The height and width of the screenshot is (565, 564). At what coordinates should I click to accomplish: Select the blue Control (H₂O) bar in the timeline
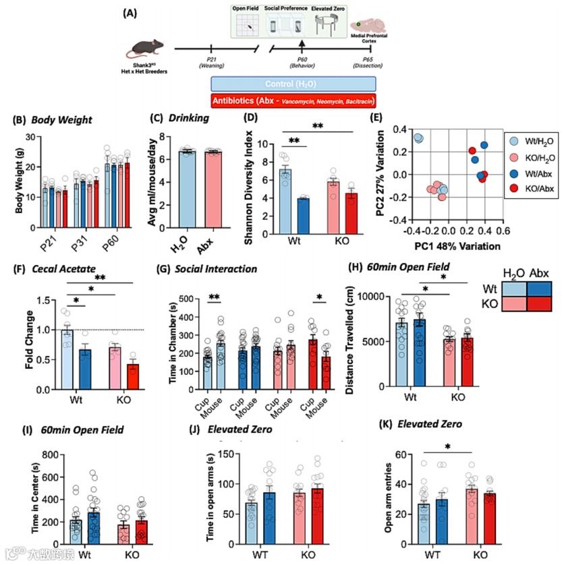point(293,84)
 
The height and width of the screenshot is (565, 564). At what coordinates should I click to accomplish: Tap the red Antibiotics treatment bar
point(293,100)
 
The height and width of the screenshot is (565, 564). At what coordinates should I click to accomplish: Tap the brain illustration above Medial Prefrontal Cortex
point(369,25)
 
